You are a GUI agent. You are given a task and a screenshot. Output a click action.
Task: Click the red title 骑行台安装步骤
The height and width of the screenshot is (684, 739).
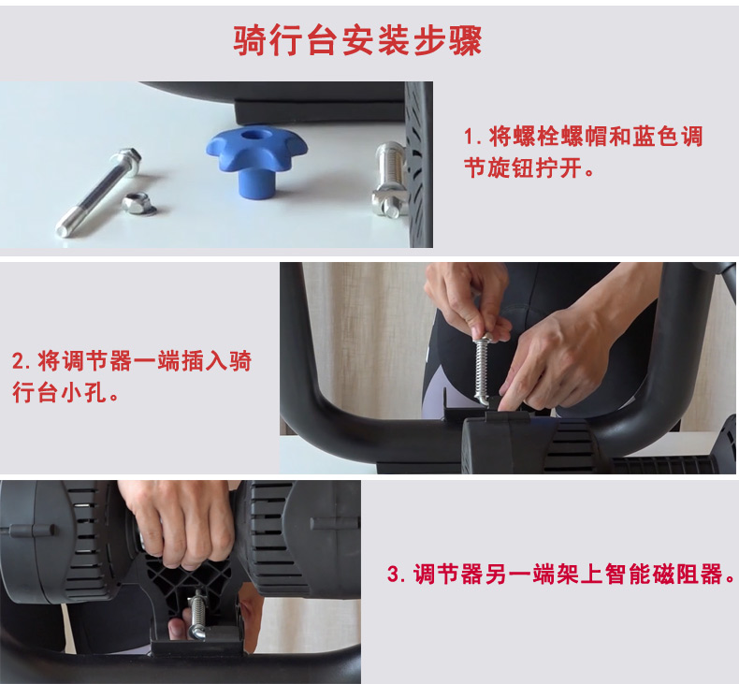[357, 40]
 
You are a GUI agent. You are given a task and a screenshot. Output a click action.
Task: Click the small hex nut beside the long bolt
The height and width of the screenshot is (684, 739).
[138, 204]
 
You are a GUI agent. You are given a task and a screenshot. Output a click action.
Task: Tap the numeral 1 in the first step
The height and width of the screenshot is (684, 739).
[469, 138]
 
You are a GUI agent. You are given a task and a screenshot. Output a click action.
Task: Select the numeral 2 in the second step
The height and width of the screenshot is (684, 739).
[19, 361]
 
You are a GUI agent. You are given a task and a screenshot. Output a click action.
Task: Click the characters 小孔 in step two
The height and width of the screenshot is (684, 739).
[84, 392]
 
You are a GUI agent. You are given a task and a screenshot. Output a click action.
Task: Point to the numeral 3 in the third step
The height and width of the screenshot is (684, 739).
[393, 575]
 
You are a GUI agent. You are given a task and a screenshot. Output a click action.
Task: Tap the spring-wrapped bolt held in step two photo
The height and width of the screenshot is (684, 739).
[481, 368]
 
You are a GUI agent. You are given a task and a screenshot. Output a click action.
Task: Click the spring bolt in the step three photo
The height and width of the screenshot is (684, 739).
[197, 615]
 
